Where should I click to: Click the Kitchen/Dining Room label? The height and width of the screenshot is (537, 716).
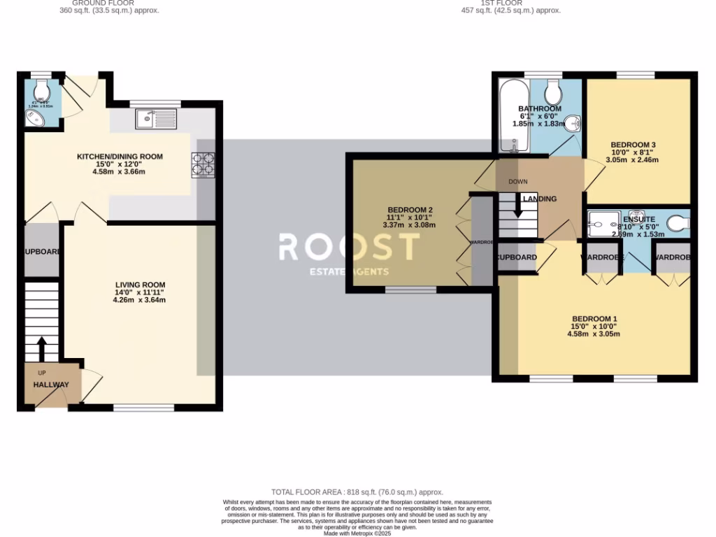[120, 157]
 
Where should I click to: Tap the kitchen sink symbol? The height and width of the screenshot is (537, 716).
[157, 119]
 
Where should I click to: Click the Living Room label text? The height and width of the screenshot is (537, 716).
[140, 285]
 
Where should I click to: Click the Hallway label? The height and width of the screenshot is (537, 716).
[51, 385]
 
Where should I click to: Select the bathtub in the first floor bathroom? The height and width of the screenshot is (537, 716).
[514, 115]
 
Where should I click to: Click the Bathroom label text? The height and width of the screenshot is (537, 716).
[539, 109]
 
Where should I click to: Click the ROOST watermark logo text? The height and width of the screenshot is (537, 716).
[349, 247]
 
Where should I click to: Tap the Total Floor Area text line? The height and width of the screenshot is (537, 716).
[357, 492]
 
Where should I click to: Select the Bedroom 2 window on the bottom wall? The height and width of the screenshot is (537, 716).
[410, 289]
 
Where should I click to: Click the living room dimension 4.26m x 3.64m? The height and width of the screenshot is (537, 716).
[140, 300]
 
